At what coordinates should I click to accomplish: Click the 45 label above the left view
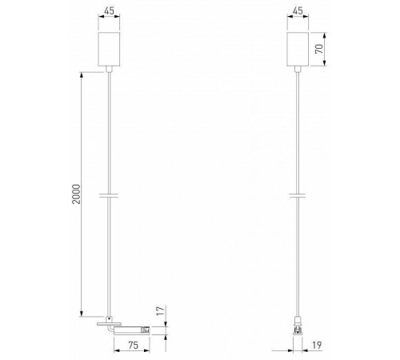pos(108,11)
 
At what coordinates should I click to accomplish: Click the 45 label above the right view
pos(298,11)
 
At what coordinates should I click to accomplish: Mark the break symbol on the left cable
pos(108,194)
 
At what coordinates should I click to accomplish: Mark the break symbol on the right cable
pos(298,194)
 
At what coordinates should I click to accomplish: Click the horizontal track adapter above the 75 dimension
pos(128,328)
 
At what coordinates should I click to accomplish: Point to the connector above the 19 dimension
pos(298,326)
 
